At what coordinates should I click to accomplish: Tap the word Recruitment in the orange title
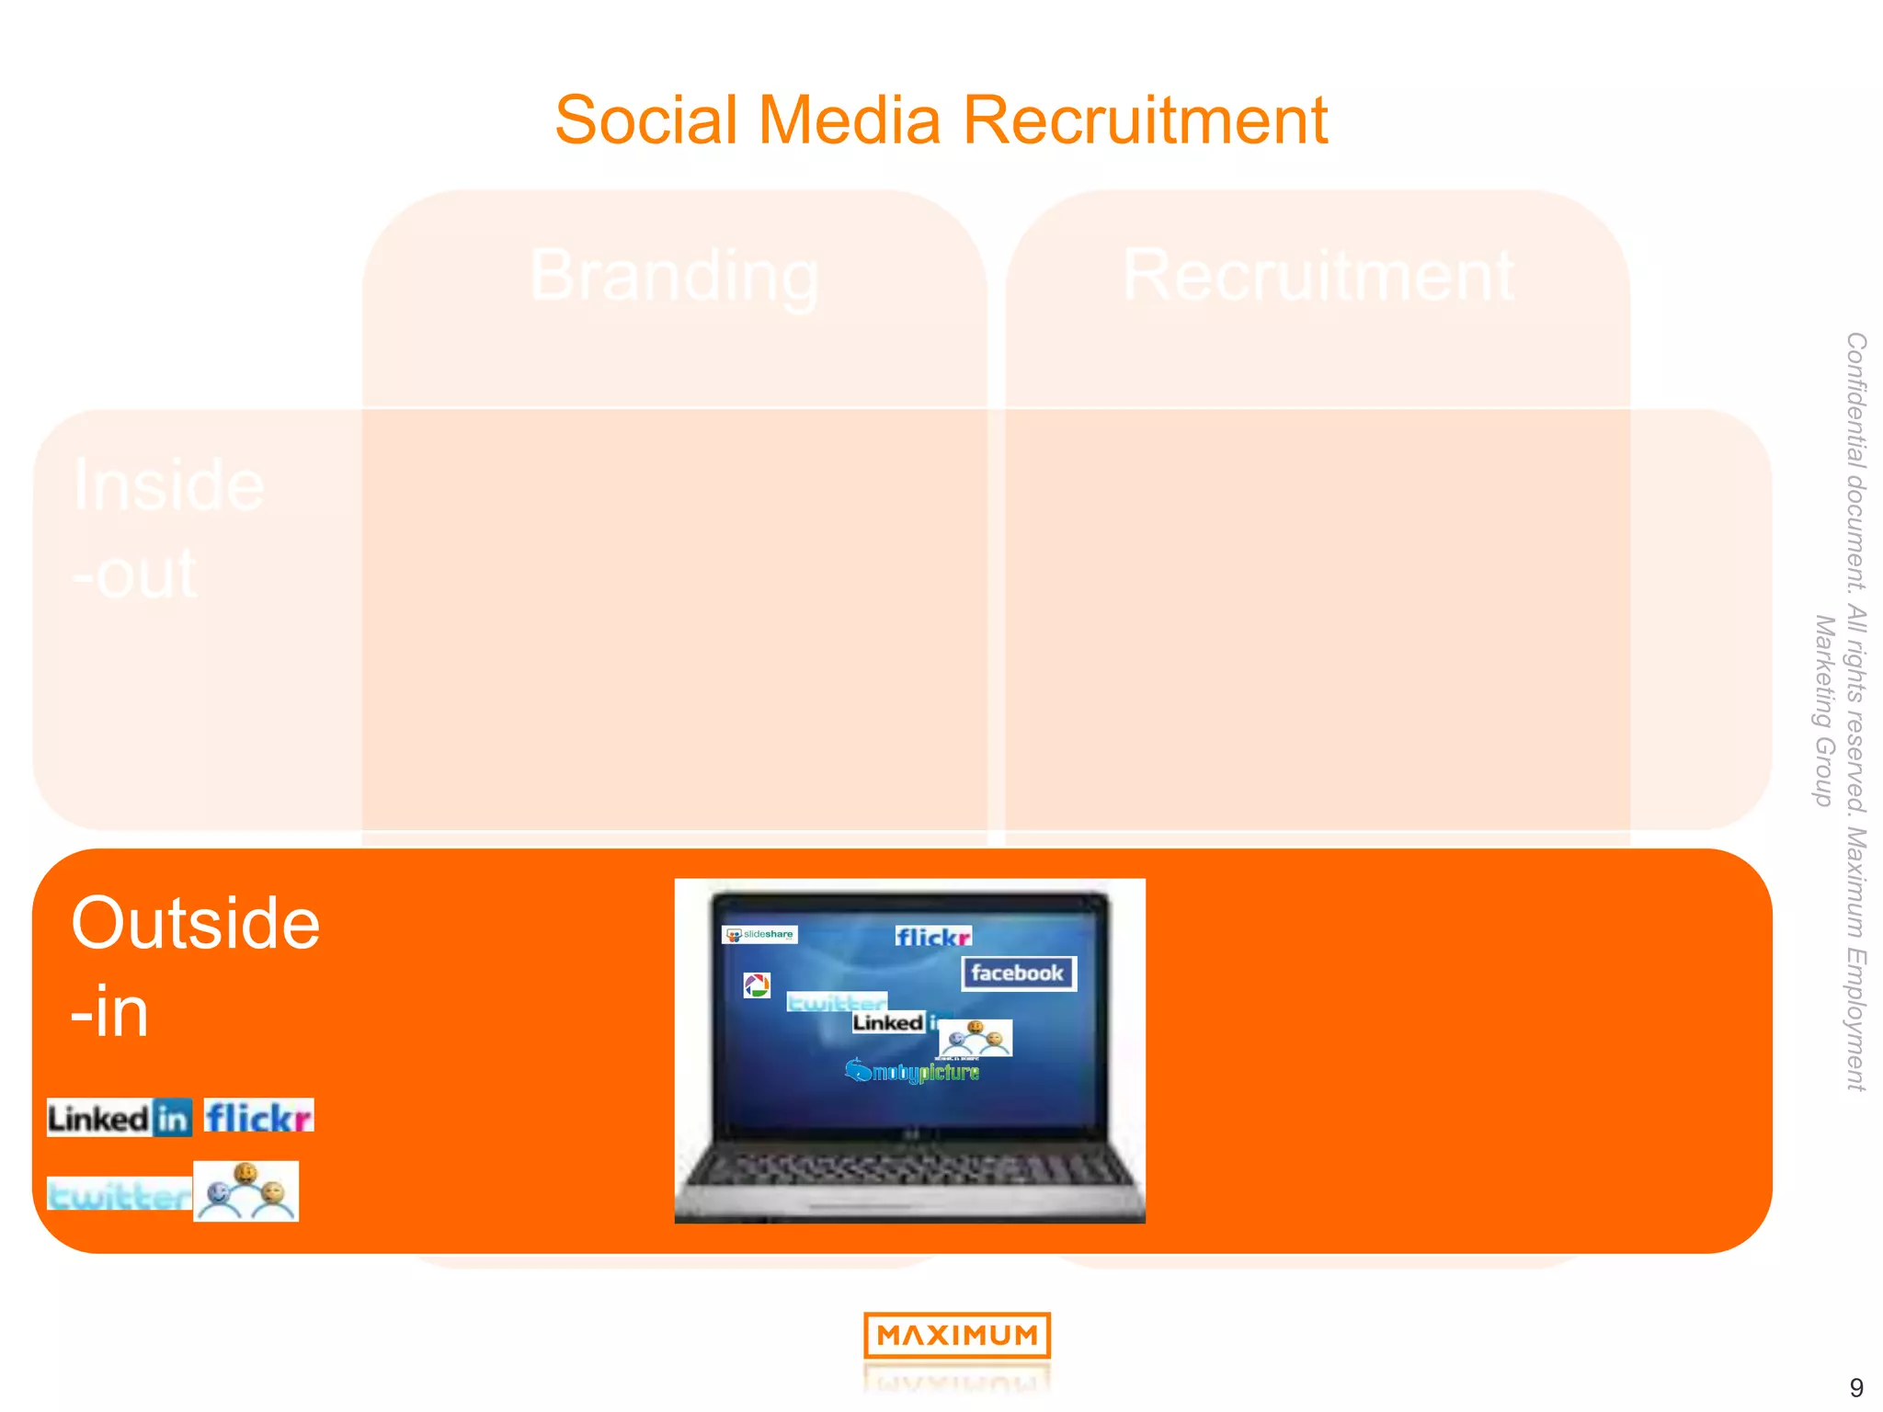[x=1145, y=120]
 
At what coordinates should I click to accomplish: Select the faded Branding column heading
[x=674, y=275]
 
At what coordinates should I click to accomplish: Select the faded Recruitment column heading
[x=1318, y=275]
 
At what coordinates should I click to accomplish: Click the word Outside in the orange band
[x=195, y=923]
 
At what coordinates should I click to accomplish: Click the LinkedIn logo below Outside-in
[x=120, y=1118]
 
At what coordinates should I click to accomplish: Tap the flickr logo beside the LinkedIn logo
[x=258, y=1117]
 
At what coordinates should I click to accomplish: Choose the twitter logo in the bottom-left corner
[x=119, y=1195]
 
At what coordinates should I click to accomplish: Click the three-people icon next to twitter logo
[x=246, y=1191]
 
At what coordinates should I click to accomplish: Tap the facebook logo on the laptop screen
[x=1018, y=974]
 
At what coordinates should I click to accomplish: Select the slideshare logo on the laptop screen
[x=759, y=935]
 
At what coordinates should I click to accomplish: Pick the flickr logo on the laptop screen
[x=932, y=937]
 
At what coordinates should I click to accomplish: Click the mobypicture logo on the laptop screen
[x=912, y=1071]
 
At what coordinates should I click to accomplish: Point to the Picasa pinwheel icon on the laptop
[x=757, y=985]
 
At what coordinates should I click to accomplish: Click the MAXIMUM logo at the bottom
[x=956, y=1335]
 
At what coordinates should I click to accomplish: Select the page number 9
[x=1855, y=1387]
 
